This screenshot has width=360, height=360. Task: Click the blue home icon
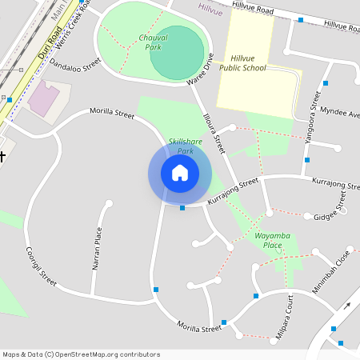point(180,173)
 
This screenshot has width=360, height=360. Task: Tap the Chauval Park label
point(152,42)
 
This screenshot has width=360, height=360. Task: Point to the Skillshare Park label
point(185,146)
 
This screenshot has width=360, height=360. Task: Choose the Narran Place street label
point(98,247)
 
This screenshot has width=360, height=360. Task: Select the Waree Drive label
point(200,70)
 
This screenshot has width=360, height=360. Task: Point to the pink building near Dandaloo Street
point(42,98)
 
